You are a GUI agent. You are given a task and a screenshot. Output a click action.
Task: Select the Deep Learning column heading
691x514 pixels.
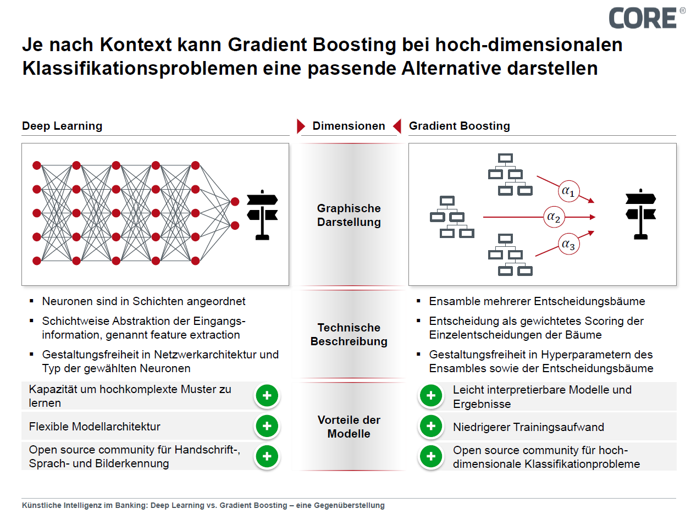pyautogui.click(x=62, y=126)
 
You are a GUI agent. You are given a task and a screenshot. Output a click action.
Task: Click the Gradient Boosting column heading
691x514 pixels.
pyautogui.click(x=459, y=126)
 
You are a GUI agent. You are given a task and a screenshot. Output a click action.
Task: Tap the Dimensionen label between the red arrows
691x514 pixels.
pyautogui.click(x=349, y=126)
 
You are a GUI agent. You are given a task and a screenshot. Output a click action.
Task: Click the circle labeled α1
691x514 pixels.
pyautogui.click(x=568, y=191)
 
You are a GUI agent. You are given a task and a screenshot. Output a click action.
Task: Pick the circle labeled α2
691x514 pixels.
pyautogui.click(x=554, y=217)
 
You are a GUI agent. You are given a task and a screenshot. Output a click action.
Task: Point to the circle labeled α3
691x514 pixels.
pyautogui.click(x=568, y=244)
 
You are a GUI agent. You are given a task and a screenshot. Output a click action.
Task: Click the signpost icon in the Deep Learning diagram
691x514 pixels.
pyautogui.click(x=262, y=215)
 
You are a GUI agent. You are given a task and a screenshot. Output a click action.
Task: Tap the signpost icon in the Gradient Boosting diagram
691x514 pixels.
pyautogui.click(x=640, y=214)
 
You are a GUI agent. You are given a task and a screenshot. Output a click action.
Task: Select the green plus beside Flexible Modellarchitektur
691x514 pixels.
pyautogui.click(x=267, y=426)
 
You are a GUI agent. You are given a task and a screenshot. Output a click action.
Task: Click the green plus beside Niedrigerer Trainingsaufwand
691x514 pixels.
pyautogui.click(x=431, y=426)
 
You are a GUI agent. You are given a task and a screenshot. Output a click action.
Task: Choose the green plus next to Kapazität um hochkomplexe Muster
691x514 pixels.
pyautogui.click(x=267, y=396)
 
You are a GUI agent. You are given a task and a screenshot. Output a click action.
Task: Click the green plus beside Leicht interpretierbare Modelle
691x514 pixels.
pyautogui.click(x=431, y=396)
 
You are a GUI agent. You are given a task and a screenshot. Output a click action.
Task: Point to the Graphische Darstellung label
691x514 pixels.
pyautogui.click(x=349, y=215)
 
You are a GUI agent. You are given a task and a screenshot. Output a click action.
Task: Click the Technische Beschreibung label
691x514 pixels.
pyautogui.click(x=349, y=334)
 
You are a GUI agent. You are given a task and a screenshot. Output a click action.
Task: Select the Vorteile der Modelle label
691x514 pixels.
pyautogui.click(x=349, y=427)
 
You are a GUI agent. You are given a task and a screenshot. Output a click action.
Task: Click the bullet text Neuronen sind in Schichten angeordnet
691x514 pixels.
pyautogui.click(x=143, y=301)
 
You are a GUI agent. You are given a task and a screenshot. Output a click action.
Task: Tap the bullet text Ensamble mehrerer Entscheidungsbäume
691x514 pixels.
pyautogui.click(x=537, y=301)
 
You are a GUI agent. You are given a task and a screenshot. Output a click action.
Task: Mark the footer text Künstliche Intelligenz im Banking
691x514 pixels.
pyautogui.click(x=203, y=505)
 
